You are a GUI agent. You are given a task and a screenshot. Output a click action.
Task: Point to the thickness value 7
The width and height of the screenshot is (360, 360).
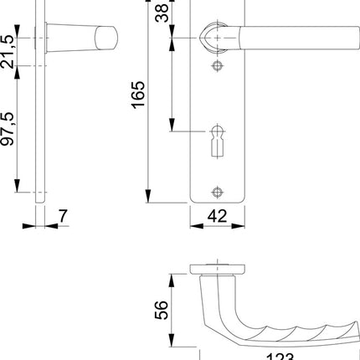(63, 215)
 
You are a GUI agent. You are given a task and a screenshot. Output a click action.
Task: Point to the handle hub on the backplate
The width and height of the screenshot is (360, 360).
(215, 36)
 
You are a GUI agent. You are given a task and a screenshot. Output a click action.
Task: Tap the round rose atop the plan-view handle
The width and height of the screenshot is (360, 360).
(217, 269)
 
